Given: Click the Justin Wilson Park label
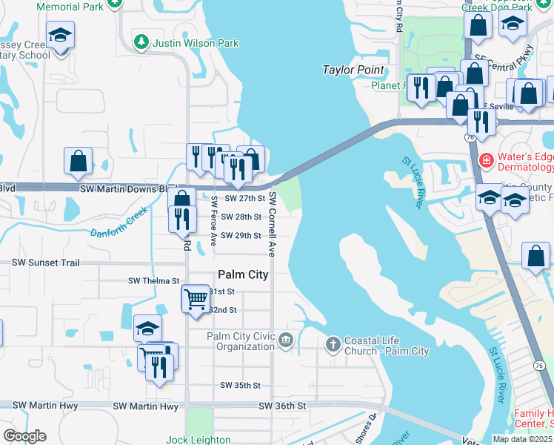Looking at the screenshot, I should point(196,43).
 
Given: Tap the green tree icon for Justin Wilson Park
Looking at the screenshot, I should point(141,42).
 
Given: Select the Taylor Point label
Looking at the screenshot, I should point(353,70).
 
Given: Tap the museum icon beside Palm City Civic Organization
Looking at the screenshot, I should point(286,341).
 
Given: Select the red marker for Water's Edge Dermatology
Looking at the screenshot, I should point(486,159).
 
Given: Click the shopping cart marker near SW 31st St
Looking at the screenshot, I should point(196,299).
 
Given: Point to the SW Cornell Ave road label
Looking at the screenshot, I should point(273,224).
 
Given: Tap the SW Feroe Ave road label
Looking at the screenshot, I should point(214,220).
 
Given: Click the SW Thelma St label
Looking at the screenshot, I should point(154,281).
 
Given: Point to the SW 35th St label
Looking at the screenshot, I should point(240,386).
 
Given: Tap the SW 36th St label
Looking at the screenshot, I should point(282,406).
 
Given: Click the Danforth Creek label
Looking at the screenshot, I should point(120,225).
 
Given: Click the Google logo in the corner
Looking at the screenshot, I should point(24,436).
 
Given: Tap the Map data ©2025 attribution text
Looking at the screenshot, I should point(522,439).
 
